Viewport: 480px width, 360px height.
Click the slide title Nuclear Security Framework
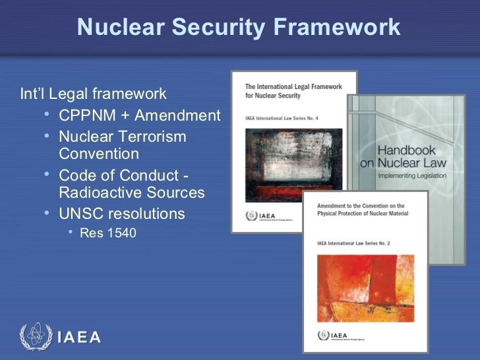click(x=239, y=27)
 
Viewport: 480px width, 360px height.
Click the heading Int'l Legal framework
click(x=93, y=94)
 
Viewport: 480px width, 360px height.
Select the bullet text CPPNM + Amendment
click(x=139, y=116)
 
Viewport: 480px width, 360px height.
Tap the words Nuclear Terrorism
click(x=122, y=136)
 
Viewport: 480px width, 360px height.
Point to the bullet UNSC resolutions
click(x=121, y=214)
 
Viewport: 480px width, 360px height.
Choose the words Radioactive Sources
click(x=131, y=193)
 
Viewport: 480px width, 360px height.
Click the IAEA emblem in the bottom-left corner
click(x=34, y=337)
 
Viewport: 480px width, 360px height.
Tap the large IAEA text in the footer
click(x=79, y=338)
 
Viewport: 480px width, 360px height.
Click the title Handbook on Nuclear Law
click(x=403, y=156)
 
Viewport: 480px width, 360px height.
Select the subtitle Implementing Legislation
click(x=411, y=176)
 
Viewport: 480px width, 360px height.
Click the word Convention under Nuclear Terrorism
click(x=99, y=154)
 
